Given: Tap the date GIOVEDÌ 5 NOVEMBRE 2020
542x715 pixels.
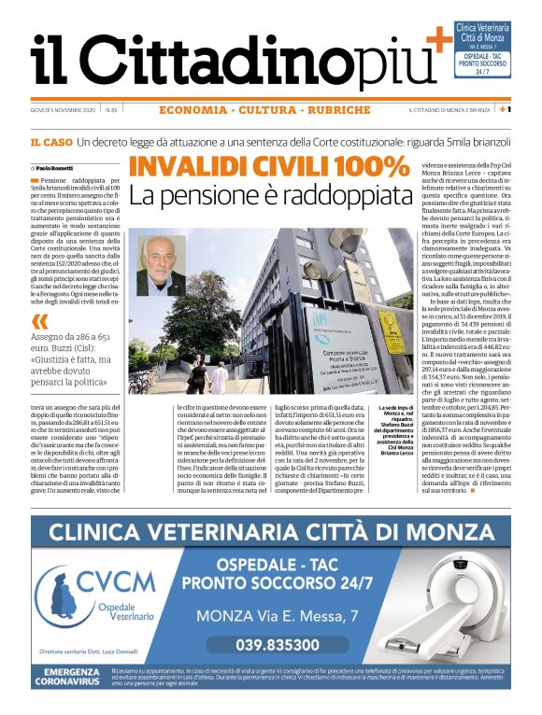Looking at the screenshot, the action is point(75,111).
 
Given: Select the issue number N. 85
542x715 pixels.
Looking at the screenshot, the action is point(136,111).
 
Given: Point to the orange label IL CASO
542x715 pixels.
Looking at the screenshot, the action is point(50,142).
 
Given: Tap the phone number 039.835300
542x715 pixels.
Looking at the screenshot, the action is point(278,645).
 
